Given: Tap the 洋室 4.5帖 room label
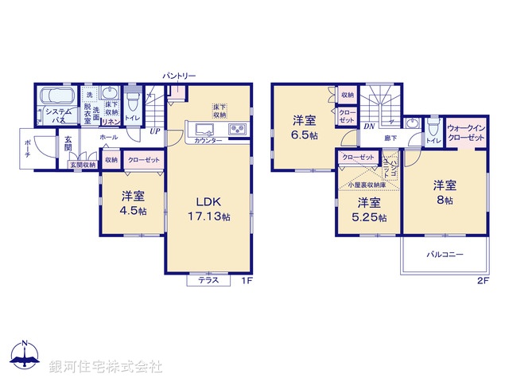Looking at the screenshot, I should tap(133, 203).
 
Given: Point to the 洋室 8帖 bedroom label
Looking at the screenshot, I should tap(445, 193).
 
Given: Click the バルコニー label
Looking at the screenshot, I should tap(444, 255).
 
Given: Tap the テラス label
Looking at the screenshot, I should tap(208, 280).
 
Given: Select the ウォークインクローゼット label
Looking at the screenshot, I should tap(465, 133).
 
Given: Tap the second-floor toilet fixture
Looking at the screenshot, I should tap(433, 127).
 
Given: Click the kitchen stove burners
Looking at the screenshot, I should tap(239, 130).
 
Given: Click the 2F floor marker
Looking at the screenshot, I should tap(481, 281).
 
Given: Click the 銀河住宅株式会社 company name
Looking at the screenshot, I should tap(106, 366).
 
